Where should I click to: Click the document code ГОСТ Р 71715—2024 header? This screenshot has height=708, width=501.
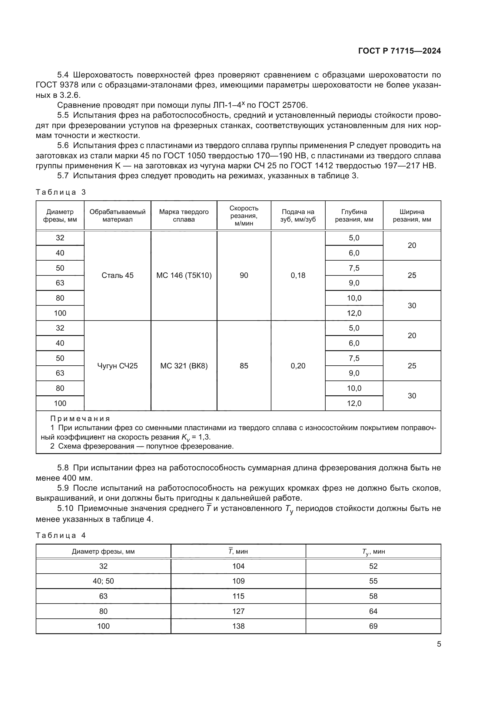[399, 51]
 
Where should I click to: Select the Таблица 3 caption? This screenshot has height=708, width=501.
[61, 193]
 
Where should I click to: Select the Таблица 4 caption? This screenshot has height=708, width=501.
[61, 535]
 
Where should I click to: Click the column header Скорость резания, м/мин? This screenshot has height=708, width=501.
[244, 216]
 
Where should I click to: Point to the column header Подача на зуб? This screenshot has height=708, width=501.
[298, 216]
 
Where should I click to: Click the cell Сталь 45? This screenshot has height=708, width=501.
[118, 275]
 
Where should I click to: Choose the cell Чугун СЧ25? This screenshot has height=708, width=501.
[118, 366]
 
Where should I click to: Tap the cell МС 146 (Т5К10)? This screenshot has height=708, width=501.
[184, 275]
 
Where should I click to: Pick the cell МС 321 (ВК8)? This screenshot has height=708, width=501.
[184, 366]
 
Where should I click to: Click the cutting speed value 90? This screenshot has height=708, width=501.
[244, 275]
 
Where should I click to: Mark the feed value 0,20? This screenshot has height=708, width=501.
[298, 366]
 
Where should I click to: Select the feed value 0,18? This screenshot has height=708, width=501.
[298, 275]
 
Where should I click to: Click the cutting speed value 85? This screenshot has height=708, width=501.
[244, 366]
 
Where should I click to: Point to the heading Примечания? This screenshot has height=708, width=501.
[80, 419]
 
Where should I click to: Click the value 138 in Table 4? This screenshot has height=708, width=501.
[238, 626]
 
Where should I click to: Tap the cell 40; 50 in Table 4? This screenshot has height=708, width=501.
[103, 581]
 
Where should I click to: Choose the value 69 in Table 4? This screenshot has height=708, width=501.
[373, 626]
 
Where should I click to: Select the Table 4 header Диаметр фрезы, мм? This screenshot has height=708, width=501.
[103, 551]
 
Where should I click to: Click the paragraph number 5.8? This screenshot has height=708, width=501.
[63, 468]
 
